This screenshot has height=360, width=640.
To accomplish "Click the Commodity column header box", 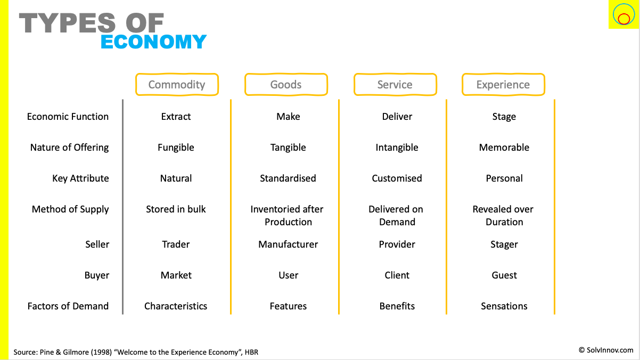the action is point(177,85).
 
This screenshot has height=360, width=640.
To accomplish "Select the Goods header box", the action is point(286,85).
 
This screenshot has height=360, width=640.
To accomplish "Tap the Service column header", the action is point(395,85).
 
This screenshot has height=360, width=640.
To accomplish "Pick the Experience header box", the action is point(503,85).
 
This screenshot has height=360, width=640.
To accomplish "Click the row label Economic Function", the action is point(68,117).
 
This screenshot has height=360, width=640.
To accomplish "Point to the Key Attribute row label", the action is point(80,178).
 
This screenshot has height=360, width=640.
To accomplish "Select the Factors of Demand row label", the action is point(68,306).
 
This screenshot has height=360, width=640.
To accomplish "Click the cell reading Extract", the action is point(176,117).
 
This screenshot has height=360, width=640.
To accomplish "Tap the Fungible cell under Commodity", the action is point(176,148).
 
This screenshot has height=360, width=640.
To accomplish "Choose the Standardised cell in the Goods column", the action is point(288,178).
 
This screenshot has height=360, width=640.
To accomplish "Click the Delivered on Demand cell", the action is point(396,216).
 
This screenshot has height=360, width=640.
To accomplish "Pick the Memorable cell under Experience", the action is point(504,148).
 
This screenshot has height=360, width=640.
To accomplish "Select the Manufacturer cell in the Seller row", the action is point(288,244).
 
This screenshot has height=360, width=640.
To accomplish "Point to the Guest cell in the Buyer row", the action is point(504,275).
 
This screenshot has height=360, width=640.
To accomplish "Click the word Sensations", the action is point(504,306).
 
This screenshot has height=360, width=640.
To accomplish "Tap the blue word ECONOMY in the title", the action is point(153,42).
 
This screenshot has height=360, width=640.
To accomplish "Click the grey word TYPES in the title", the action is point(67,23).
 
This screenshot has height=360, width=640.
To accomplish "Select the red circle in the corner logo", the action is point(623,19).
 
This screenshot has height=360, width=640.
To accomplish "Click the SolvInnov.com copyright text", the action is point(606,350).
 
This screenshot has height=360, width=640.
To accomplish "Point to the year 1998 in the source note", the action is point(101,352).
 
